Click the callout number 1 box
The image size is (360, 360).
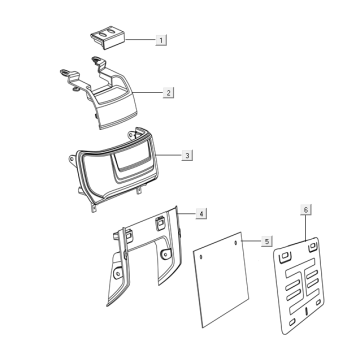(x=161, y=40)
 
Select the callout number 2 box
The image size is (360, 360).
(x=168, y=92)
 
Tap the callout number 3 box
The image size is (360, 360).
(x=187, y=155)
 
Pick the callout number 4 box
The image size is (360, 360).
(x=201, y=213)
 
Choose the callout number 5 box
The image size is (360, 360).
(x=267, y=241)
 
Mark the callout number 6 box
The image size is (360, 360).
(x=306, y=210)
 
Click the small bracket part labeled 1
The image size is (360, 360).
(x=108, y=38)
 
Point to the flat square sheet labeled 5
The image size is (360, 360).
(x=221, y=279)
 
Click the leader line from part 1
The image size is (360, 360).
(x=141, y=40)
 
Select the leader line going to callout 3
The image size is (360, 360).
(x=169, y=155)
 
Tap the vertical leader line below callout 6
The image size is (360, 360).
(x=306, y=228)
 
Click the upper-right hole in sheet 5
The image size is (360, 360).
(x=236, y=243)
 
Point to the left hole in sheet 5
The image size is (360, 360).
(x=201, y=257)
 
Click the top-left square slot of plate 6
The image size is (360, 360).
(x=285, y=256)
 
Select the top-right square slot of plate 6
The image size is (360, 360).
(x=312, y=246)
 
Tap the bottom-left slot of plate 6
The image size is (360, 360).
(x=291, y=322)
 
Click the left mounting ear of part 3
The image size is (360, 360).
(x=72, y=160)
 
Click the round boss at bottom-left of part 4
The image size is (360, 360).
(x=117, y=274)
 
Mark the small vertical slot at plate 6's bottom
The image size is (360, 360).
(x=306, y=311)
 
